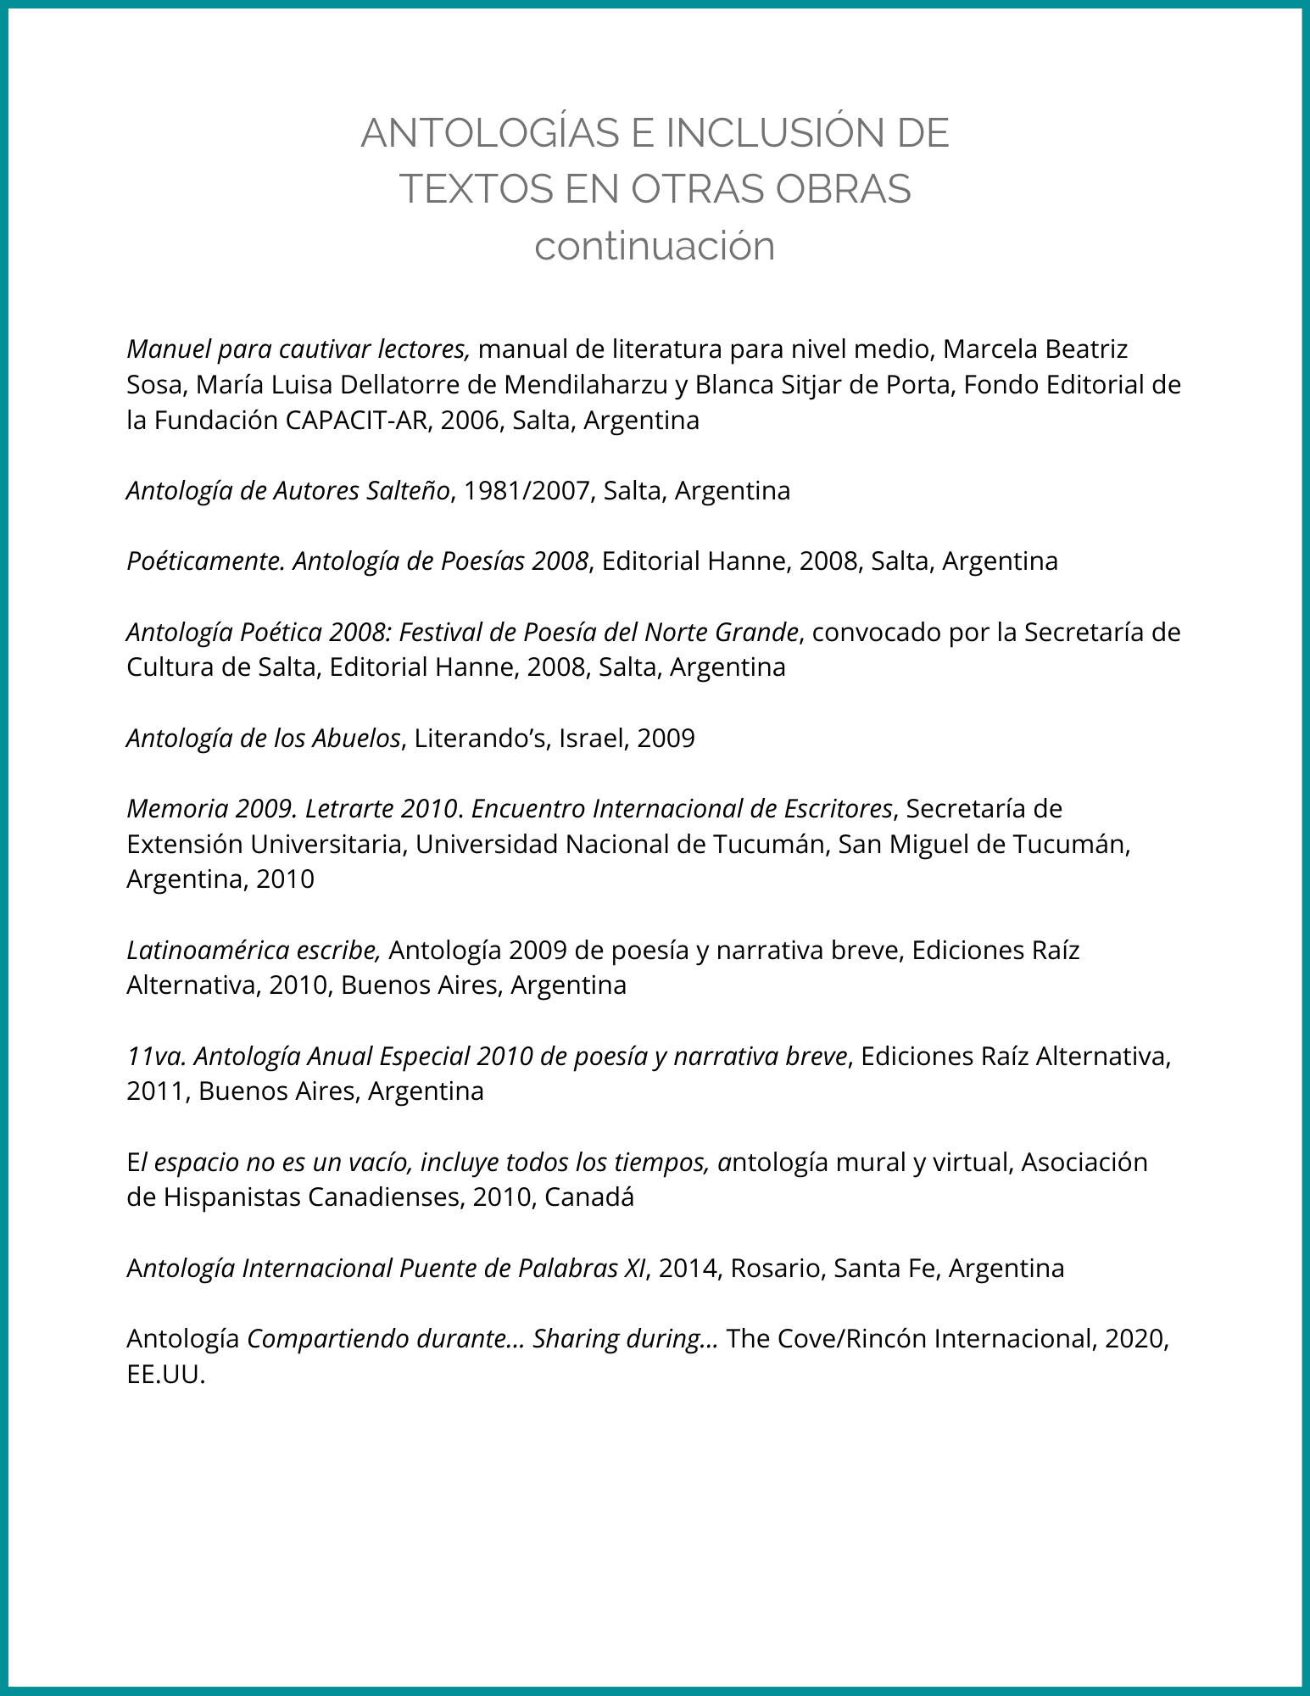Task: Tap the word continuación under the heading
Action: point(655,246)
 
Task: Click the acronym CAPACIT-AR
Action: point(359,420)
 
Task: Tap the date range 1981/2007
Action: point(527,490)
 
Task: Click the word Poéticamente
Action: point(204,561)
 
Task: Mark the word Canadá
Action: point(589,1197)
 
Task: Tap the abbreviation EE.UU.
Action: point(165,1374)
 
